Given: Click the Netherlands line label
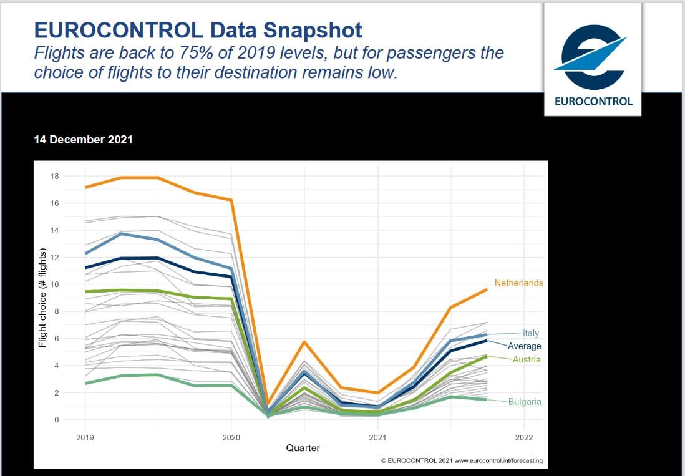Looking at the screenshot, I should [518, 283].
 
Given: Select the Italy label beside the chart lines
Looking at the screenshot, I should [530, 334].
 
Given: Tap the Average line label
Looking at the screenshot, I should [524, 346].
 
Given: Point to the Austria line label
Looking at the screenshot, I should [527, 360].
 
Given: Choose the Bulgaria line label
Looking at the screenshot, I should [525, 402].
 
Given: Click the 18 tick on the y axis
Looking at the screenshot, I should [54, 177].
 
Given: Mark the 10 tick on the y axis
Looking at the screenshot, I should [54, 284].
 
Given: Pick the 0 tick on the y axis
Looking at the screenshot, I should [56, 420].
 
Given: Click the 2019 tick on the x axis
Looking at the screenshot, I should [85, 437].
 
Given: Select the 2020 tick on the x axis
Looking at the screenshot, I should [231, 437].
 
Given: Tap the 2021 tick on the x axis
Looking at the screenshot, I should [377, 437].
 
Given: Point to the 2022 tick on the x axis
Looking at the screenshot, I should [524, 437].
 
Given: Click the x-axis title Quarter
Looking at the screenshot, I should [303, 448].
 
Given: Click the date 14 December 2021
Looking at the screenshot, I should [83, 140].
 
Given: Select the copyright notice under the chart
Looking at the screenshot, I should [462, 460].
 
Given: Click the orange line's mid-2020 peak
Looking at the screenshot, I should [304, 342].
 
